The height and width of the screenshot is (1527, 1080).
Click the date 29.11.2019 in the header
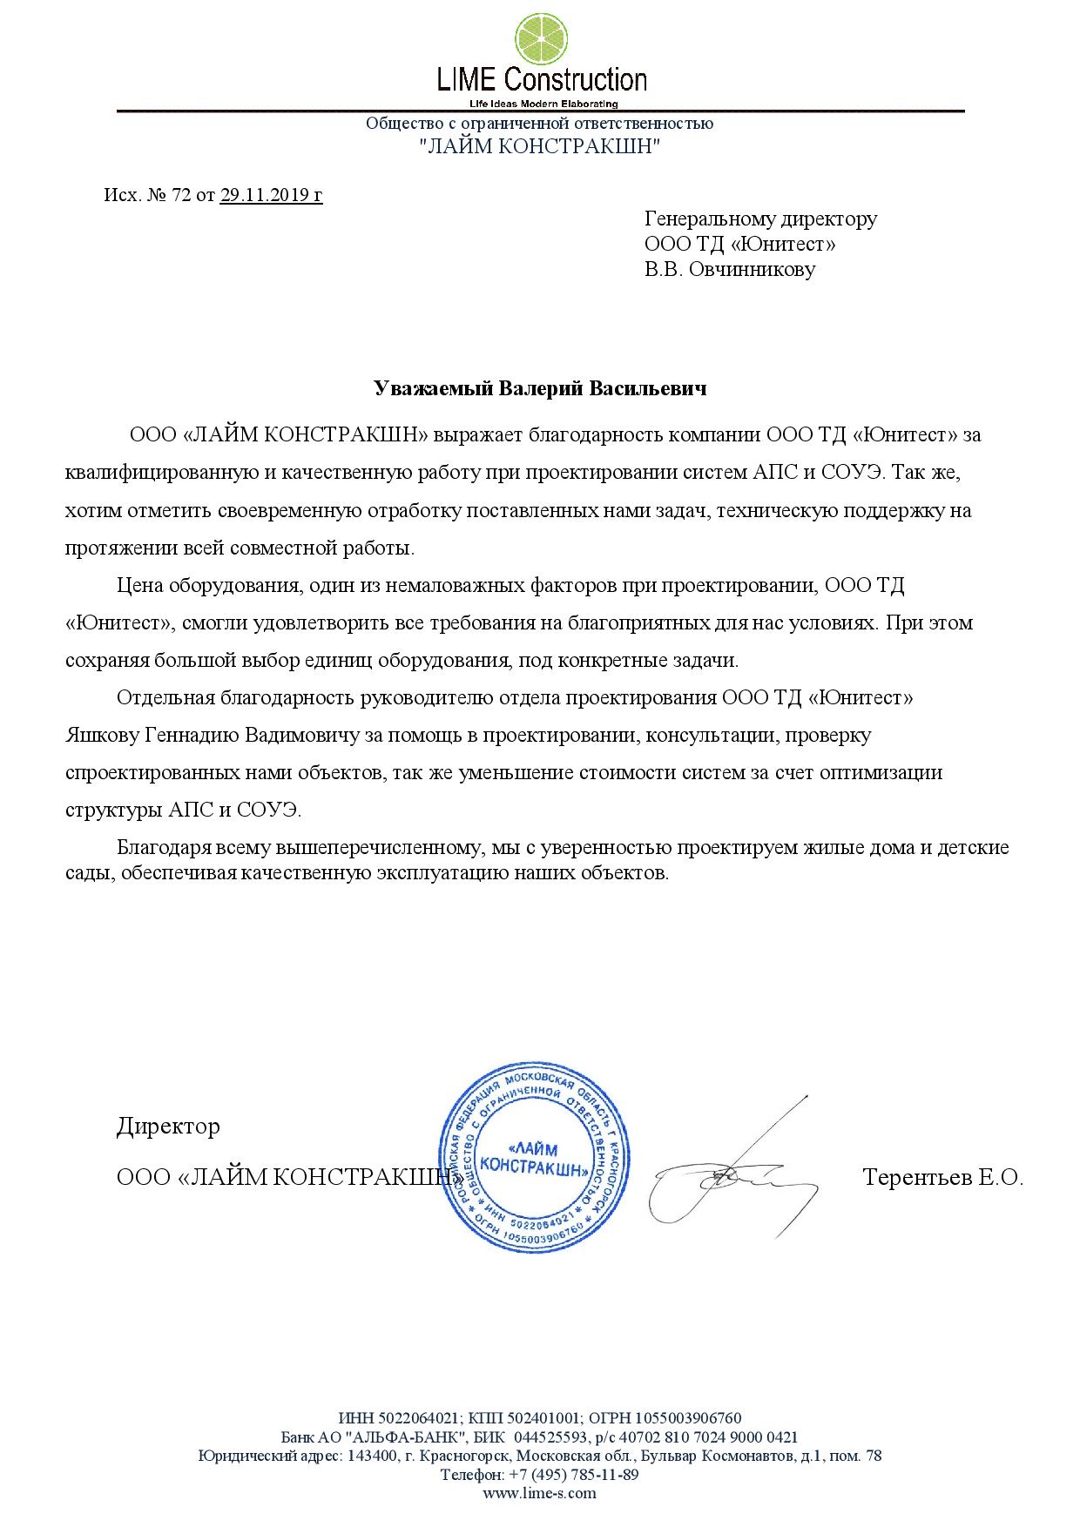(271, 195)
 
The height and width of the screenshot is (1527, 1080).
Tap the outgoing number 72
(181, 195)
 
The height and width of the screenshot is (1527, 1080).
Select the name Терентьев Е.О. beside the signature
(942, 1178)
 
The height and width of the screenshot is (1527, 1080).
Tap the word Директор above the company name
(168, 1127)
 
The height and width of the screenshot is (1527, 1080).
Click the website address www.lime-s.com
(540, 1492)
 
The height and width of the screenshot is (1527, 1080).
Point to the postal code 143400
(372, 1456)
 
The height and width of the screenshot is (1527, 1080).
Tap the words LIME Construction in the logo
(541, 81)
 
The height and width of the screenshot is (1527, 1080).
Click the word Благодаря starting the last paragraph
(165, 847)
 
